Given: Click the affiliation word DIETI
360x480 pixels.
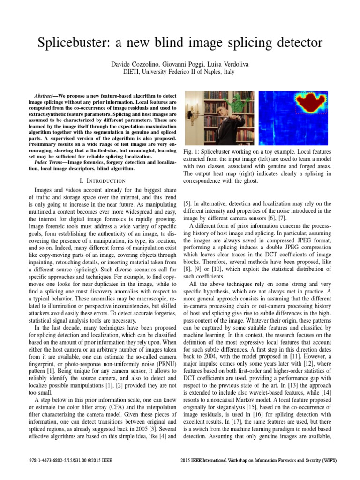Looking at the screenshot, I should point(145,72).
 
